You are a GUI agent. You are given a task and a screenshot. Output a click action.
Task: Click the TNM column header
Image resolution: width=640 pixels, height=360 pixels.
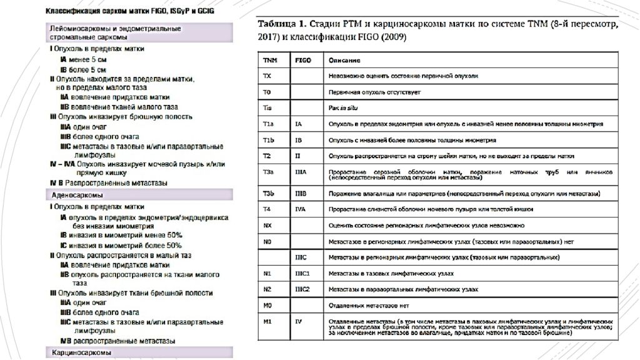pos(270,60)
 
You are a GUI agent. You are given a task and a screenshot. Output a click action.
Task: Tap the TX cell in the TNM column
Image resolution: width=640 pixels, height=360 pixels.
pos(267,76)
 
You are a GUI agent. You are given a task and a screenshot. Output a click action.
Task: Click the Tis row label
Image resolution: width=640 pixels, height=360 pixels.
pos(267,107)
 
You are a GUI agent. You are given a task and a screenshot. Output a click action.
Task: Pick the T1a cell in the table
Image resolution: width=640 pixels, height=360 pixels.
pos(269,124)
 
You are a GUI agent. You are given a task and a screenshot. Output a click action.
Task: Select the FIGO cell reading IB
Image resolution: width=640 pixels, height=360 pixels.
pos(299,140)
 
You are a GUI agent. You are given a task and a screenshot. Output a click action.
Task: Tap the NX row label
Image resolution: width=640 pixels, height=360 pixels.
pos(268,224)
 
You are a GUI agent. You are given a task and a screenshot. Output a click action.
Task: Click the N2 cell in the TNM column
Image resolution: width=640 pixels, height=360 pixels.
pos(268,289)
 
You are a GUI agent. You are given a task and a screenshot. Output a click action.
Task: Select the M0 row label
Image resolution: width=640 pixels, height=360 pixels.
pos(268,305)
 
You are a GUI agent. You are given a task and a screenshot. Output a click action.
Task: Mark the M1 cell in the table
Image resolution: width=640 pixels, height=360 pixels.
pos(268,321)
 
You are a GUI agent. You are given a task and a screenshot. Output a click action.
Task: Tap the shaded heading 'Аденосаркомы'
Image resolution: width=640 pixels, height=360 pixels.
pos(72,195)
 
